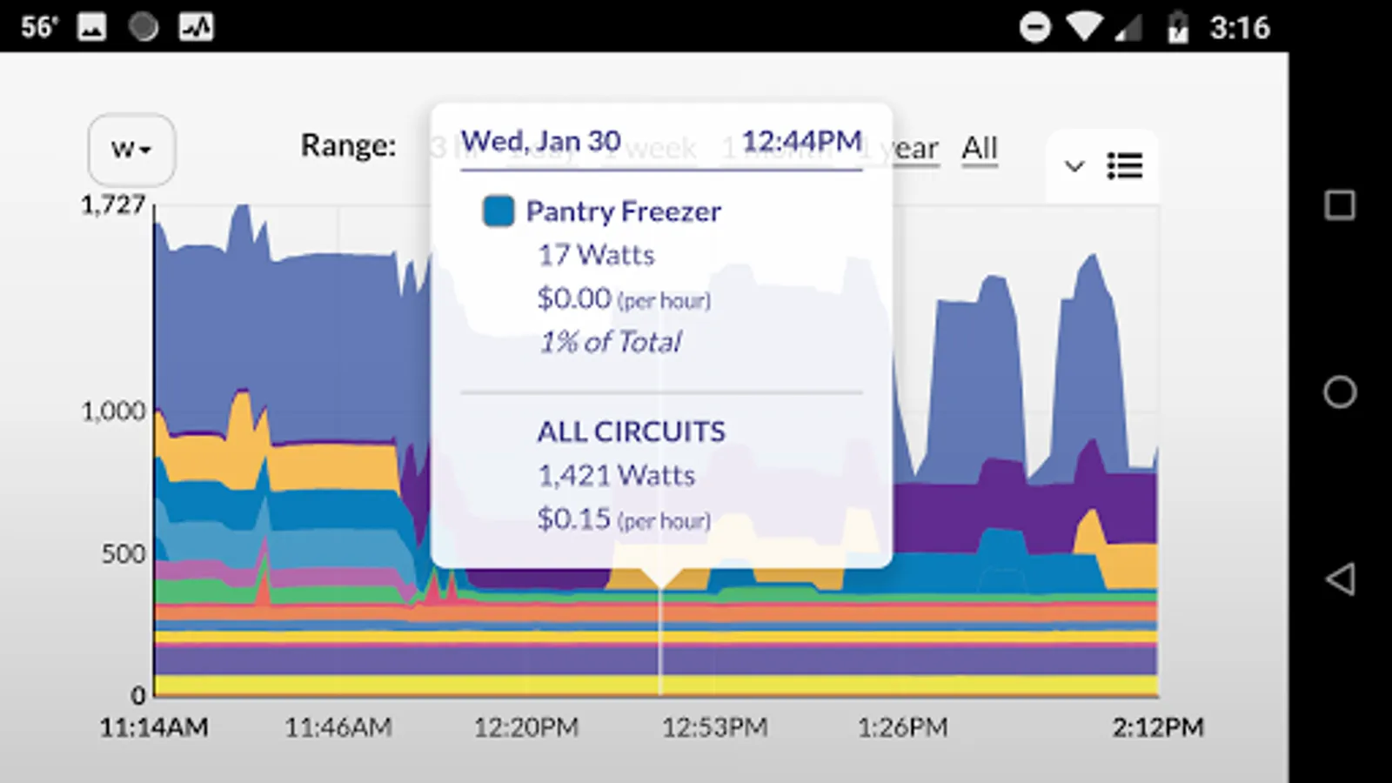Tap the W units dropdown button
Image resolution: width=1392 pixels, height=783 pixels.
[x=131, y=150]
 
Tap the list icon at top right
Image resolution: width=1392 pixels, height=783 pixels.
[x=1125, y=165]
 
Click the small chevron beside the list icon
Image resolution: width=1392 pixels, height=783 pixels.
[x=1074, y=165]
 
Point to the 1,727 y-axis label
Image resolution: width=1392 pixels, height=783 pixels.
[x=113, y=205]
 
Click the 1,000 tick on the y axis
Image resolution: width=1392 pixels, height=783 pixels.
[x=113, y=411]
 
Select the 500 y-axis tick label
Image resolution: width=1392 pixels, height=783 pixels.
[x=124, y=554]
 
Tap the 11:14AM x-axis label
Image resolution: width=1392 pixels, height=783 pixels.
[x=154, y=727]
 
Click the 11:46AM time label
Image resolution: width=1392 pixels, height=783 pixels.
[x=338, y=727]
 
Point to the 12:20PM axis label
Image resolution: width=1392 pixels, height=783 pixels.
[x=526, y=727]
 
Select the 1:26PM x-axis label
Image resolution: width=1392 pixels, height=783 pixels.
[x=903, y=727]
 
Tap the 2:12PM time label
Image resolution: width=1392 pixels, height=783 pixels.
[x=1158, y=727]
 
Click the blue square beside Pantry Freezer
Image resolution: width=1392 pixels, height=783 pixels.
[x=499, y=211]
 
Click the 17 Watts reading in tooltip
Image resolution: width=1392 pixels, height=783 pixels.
[x=596, y=255]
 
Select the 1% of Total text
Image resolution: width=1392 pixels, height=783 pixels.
[x=611, y=342]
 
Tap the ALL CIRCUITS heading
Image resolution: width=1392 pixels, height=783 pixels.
[x=631, y=432]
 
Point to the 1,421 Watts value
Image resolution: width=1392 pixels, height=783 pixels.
[x=616, y=475]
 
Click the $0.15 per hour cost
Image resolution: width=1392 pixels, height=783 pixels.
[x=623, y=519]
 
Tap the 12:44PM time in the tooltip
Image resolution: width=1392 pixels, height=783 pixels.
[x=801, y=141]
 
